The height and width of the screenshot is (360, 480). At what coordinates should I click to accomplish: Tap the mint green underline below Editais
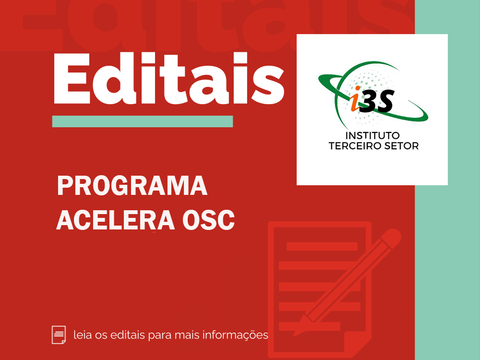[143, 121]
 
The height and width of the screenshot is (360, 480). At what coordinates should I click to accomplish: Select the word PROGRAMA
[132, 185]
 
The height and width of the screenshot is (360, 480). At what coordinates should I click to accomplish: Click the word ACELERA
[115, 220]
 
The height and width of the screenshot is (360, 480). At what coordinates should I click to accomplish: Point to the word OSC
[208, 220]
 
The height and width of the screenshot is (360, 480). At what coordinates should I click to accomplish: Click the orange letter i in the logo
[355, 98]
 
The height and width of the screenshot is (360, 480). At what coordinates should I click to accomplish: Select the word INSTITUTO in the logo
[372, 136]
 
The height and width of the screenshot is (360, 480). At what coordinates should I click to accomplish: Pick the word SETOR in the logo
[401, 146]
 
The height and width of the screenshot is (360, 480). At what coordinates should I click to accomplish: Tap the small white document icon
[59, 335]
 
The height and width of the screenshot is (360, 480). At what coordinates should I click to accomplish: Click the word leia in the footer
[83, 335]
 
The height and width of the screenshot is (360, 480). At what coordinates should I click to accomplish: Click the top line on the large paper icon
[322, 246]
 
